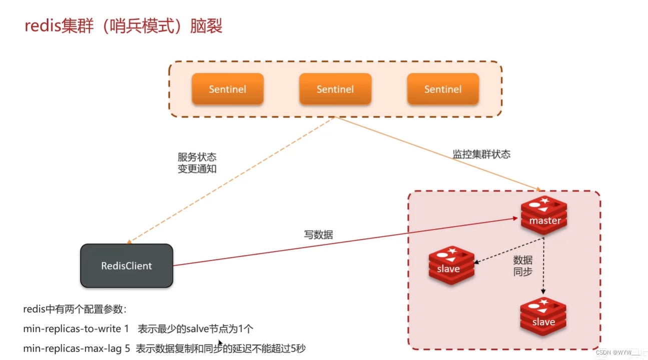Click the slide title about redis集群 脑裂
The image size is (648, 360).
coord(123,25)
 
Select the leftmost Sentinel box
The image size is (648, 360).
coord(227,89)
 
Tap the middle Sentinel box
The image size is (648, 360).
coord(335,89)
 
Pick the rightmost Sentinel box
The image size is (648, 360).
coord(443,89)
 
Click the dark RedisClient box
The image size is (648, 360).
coord(127,265)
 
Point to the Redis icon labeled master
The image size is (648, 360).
coord(544,215)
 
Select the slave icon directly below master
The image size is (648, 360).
coord(543,316)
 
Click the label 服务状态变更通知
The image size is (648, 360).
coord(197,163)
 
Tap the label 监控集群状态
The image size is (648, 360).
coord(481,154)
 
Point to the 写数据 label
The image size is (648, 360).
coord(318,234)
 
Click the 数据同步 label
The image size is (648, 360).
coord(522,266)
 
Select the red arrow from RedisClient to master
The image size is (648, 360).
coord(345,241)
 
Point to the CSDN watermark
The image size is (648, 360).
coord(617,352)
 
